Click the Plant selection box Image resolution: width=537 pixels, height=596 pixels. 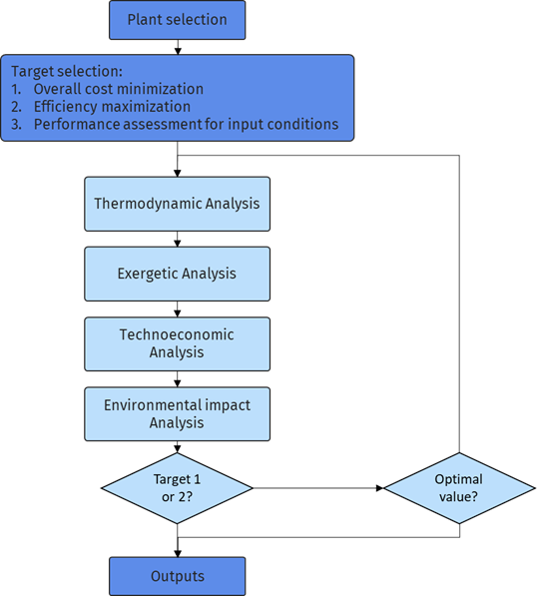click(177, 19)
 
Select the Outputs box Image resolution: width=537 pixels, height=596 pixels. click(177, 576)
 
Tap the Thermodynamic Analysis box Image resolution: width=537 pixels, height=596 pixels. click(177, 204)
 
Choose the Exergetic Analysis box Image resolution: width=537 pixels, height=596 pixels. click(177, 274)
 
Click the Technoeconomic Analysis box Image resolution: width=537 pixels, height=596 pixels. click(177, 343)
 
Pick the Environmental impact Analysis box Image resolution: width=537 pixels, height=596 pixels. click(177, 413)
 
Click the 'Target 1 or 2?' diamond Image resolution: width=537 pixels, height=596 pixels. click(177, 487)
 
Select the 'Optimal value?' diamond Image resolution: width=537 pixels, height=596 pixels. click(458, 487)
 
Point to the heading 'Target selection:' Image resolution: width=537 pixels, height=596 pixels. click(66, 72)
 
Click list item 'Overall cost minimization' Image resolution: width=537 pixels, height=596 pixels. click(118, 89)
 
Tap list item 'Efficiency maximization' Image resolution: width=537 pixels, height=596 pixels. click(112, 106)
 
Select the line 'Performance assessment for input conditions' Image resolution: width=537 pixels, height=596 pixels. click(186, 124)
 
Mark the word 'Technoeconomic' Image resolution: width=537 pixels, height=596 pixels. click(177, 335)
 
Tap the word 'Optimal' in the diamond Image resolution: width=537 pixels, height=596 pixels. click(458, 479)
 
